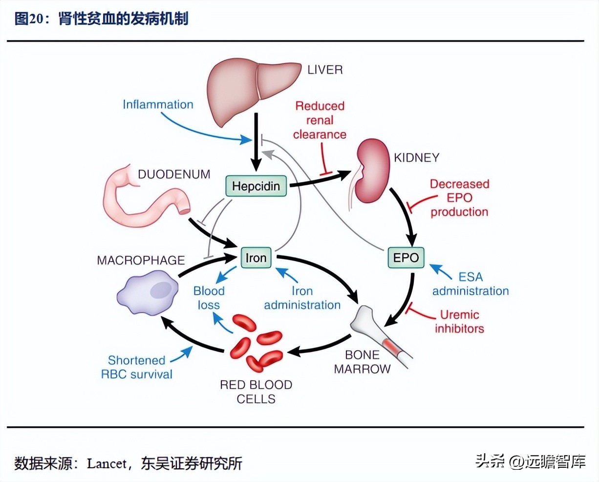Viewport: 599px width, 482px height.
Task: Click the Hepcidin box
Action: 256,186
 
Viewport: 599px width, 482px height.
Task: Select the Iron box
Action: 256,258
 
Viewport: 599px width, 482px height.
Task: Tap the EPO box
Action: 406,258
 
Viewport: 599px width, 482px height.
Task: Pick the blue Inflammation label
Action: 158,105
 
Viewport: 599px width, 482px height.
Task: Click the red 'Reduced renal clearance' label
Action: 320,120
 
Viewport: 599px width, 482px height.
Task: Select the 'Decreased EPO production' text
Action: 459,198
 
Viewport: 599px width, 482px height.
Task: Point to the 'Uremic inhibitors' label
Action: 459,322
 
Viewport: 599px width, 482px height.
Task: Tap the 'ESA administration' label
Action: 470,284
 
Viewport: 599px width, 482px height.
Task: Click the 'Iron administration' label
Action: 302,298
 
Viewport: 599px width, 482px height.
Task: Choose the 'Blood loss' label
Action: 209,298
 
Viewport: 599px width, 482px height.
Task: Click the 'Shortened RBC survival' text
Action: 137,367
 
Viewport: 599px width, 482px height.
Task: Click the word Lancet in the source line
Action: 107,463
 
